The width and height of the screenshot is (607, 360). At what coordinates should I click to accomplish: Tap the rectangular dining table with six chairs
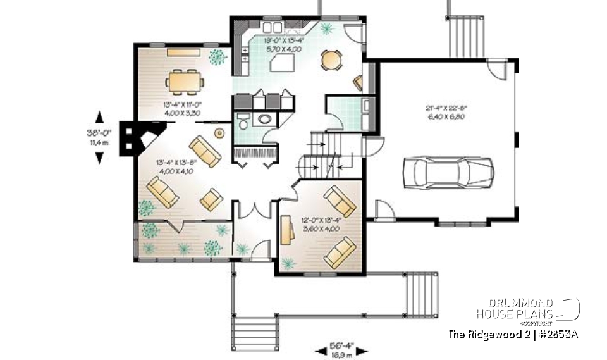pos(185,81)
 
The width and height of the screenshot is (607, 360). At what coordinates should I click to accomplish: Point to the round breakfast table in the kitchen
pos(331,60)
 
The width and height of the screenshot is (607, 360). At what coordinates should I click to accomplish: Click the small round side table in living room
pos(219,133)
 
